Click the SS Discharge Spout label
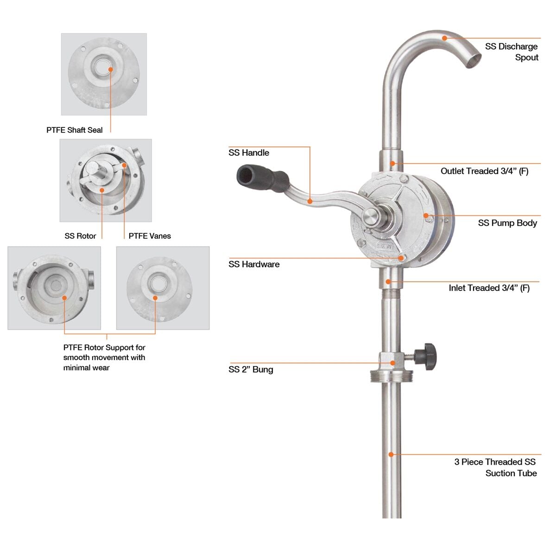(x=512, y=52)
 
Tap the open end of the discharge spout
(x=473, y=61)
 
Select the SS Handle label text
(x=248, y=153)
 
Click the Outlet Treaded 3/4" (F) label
(x=484, y=171)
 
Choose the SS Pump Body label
(x=507, y=223)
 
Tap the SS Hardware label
(x=254, y=264)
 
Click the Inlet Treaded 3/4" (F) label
(x=489, y=288)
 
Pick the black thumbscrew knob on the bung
(x=426, y=354)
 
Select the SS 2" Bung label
(x=251, y=369)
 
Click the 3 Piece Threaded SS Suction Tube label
(x=495, y=468)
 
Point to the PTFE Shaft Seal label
(x=75, y=130)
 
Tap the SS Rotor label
(x=80, y=236)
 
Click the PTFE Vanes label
(x=150, y=236)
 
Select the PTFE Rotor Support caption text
(x=104, y=357)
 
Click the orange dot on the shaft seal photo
(x=111, y=69)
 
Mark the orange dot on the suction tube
(x=391, y=455)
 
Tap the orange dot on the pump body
(x=426, y=215)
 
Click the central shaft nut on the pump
(x=370, y=216)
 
